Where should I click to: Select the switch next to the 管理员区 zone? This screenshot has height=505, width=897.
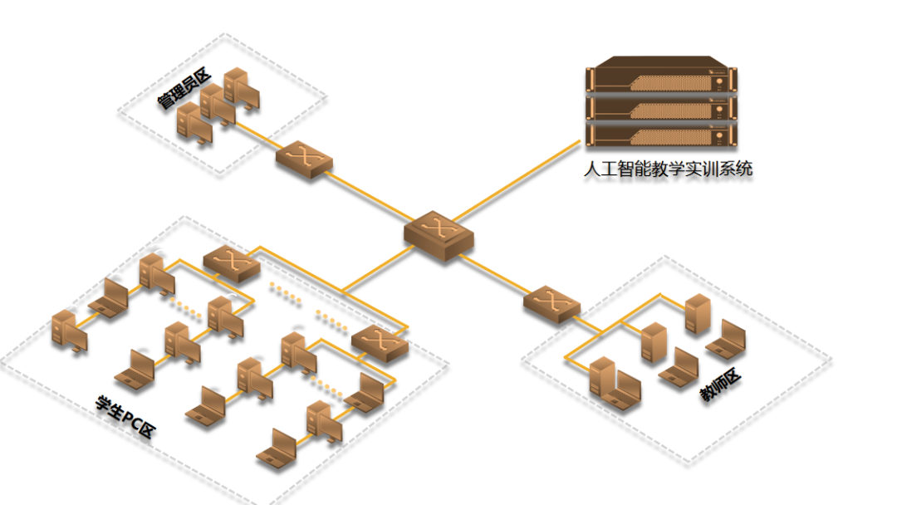304,159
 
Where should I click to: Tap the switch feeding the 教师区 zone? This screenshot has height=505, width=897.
551,303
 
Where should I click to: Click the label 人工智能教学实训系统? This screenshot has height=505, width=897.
668,169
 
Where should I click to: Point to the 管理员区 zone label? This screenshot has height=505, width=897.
184,91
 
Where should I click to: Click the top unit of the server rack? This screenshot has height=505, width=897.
662,79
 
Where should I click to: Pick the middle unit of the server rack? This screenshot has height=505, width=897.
662,106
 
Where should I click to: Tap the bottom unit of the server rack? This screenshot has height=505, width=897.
662,133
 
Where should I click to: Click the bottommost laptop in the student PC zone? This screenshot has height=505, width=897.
278,448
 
